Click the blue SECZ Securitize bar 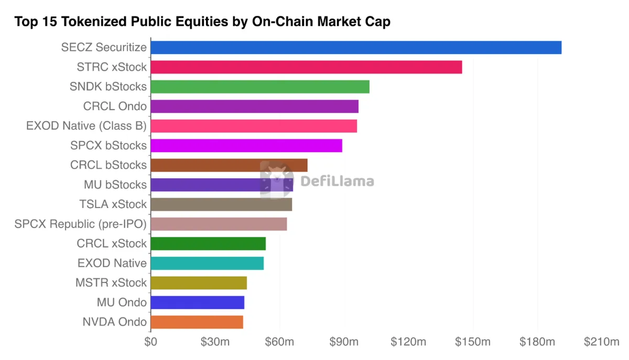pos(356,48)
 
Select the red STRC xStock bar pos(306,67)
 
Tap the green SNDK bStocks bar pos(260,86)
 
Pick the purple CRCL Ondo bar pos(255,106)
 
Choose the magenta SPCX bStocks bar pos(246,146)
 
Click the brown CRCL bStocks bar pos(229,165)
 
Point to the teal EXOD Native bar pos(207,263)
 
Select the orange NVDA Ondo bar pos(197,322)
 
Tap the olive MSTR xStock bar pos(199,283)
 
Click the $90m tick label pos(344,342)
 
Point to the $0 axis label pos(151,342)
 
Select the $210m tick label pos(602,342)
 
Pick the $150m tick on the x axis pos(473,342)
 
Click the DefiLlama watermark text pos(337,181)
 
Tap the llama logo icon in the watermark pos(277,180)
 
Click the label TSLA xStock pos(113,204)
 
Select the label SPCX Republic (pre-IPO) pos(81,224)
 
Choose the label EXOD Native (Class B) pos(86,126)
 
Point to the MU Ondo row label pos(122,302)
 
